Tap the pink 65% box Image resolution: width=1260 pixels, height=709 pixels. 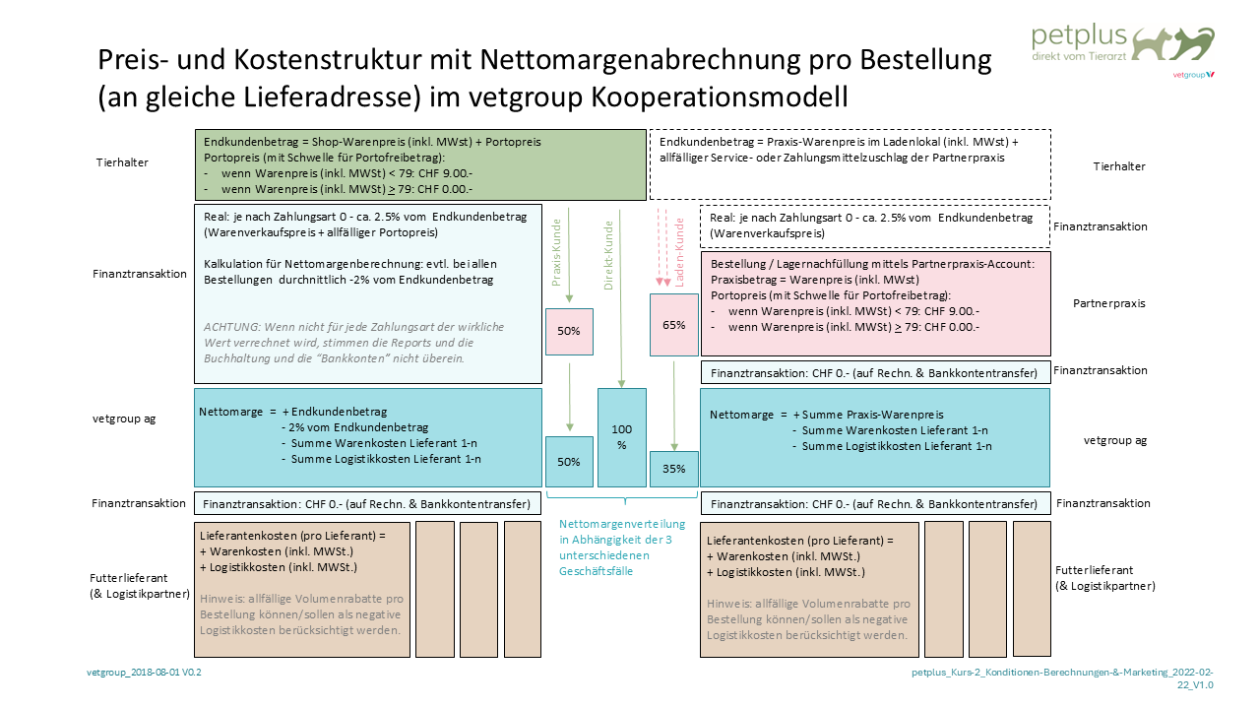tap(674, 324)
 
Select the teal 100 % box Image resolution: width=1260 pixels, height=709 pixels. tap(622, 437)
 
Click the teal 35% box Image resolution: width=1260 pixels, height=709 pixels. tap(674, 469)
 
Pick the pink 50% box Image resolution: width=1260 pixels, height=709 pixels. tap(569, 331)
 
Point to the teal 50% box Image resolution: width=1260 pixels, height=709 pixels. tap(569, 461)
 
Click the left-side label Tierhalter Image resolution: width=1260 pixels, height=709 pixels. tap(123, 162)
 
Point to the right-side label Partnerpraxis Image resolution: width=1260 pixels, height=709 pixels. tap(1109, 303)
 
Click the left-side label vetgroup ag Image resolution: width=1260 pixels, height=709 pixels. tap(124, 419)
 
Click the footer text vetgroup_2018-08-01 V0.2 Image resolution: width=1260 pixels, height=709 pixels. tap(145, 671)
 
